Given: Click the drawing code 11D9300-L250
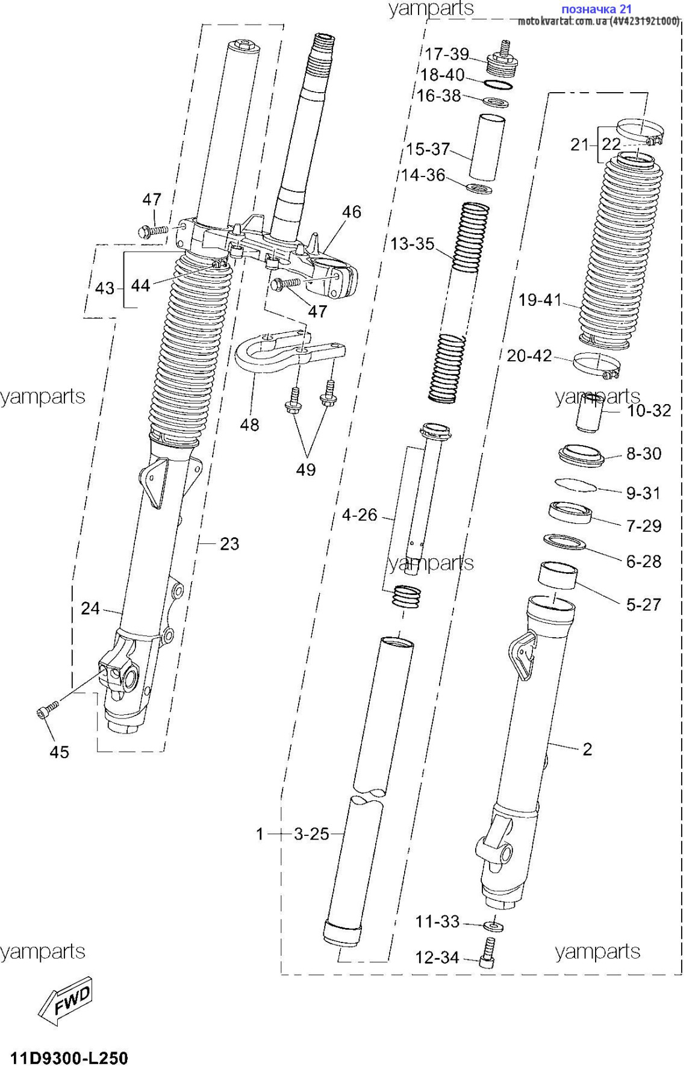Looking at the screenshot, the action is pos(69,1058).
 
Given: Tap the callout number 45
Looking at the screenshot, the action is pos(59,752).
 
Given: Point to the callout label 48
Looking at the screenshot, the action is pos(249,425).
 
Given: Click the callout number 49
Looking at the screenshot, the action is pos(306,470).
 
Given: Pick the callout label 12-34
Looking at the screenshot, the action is pos(437,957).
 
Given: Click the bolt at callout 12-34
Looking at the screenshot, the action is pos(488,953).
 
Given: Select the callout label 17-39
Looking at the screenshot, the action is pos(447,54).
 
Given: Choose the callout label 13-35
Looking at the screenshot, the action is pos(413,244).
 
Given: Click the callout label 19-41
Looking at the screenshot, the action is pos(540,299).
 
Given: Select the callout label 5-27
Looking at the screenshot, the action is pos(644,604).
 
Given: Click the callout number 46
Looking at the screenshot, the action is pos(352,211).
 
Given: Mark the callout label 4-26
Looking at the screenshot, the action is pos(360,515).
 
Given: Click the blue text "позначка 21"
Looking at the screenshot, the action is pos(596,9).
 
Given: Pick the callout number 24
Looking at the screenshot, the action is pos(90,608).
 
